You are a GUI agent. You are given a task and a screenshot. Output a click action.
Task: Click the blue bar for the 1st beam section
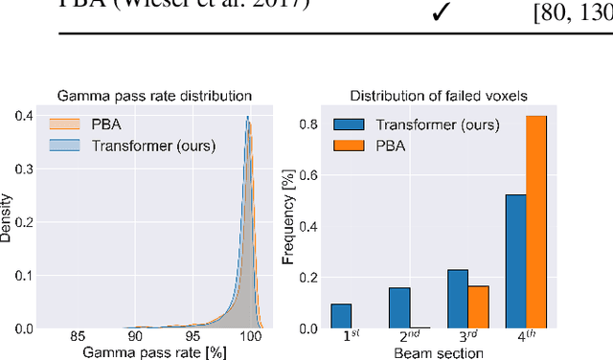tap(341, 316)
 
